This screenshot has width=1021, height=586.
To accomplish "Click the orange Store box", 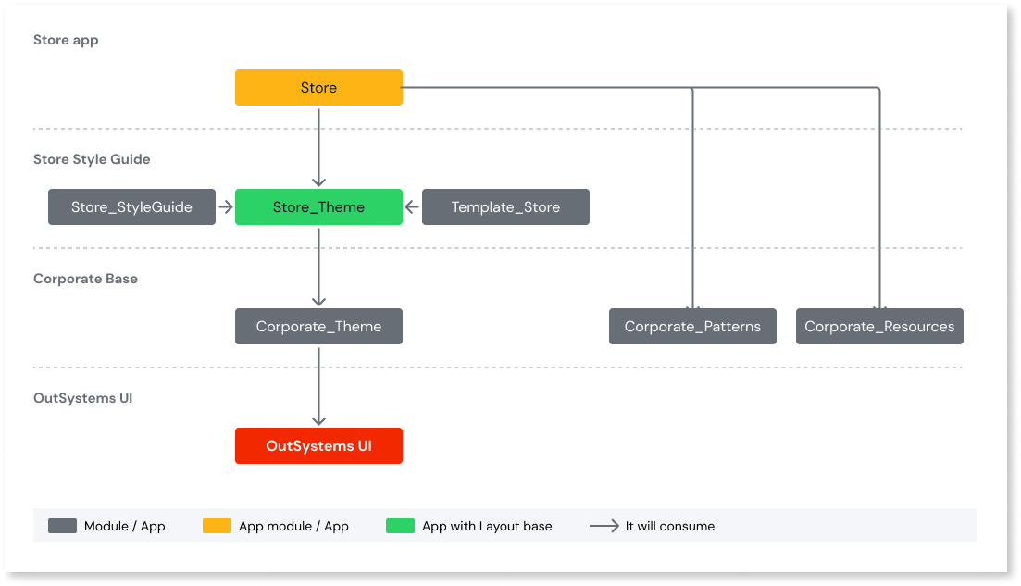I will click(x=318, y=87).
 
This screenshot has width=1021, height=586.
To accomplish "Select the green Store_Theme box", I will click(x=318, y=206).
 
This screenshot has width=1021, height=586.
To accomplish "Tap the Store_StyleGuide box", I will click(x=131, y=206).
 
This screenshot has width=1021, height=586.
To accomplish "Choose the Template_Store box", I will click(x=505, y=206).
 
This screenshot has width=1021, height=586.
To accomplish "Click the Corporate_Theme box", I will click(x=318, y=326).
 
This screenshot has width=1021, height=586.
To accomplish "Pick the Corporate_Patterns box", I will click(x=692, y=326).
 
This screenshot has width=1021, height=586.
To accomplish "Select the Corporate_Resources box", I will click(x=879, y=326).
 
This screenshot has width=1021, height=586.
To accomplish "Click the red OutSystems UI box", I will click(x=318, y=445).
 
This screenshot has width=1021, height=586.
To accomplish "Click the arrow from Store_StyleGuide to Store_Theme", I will click(x=225, y=206).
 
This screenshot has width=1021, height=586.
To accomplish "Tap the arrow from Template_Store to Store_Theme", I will click(x=412, y=206).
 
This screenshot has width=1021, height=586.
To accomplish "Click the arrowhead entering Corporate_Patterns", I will click(x=692, y=303).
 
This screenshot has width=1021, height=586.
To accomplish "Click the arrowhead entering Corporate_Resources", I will click(x=879, y=303).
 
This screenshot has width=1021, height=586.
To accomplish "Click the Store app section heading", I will click(x=66, y=40).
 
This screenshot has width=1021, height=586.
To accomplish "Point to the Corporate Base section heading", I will click(x=85, y=279).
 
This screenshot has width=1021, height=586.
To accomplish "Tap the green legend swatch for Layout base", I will click(x=400, y=526).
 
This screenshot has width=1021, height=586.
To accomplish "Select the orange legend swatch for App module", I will click(x=217, y=526).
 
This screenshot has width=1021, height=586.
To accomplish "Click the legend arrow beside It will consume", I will click(x=604, y=526).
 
